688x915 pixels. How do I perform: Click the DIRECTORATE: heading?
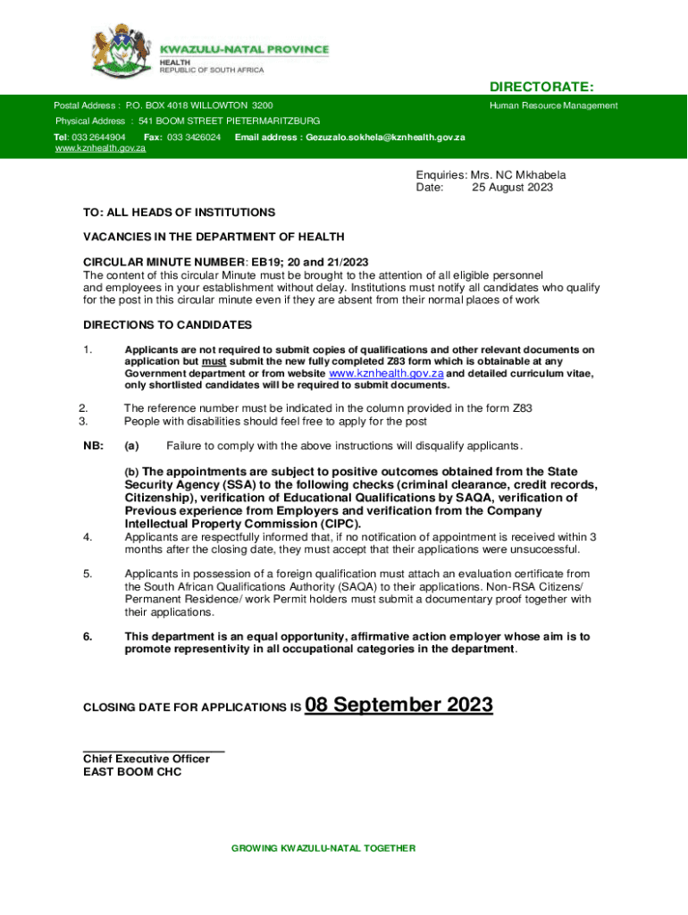pos(541,87)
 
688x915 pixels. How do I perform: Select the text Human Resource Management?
pos(553,105)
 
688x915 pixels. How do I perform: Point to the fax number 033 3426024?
pos(194,138)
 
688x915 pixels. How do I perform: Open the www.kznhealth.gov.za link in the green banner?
pos(100,148)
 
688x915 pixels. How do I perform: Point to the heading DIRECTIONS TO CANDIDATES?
pos(167,324)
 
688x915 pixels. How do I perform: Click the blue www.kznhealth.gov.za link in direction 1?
pos(387,374)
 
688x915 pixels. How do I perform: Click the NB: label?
pos(93,446)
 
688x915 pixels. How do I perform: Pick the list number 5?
pos(88,574)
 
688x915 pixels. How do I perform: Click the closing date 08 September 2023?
pos(399,705)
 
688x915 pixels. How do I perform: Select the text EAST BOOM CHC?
pos(132,772)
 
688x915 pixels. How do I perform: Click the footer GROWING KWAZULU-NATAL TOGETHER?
pos(323,848)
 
